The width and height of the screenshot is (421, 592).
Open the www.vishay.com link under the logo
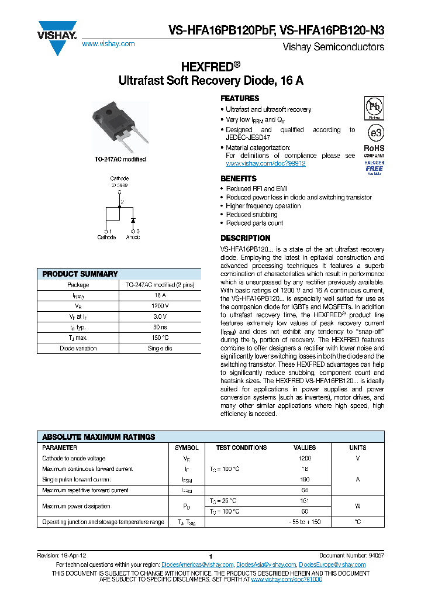(108, 44)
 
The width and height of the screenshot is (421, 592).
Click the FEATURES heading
(240, 99)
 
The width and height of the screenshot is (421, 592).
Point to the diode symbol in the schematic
(133, 221)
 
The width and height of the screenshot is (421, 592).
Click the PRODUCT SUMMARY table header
(80, 274)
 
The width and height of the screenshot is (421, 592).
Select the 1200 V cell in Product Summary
(160, 306)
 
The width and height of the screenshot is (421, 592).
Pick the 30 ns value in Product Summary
(160, 327)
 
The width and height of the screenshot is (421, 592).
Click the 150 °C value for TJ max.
(160, 338)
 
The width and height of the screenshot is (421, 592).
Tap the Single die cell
(160, 348)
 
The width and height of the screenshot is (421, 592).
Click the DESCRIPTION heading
(245, 238)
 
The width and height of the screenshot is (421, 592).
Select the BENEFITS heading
(238, 178)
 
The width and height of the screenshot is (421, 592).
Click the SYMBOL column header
(187, 448)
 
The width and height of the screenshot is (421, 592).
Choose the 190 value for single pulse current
(305, 480)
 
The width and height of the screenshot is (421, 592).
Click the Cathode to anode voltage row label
(74, 459)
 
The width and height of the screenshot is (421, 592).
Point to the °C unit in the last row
(357, 522)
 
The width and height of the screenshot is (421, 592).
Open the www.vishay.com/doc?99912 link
(265, 164)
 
